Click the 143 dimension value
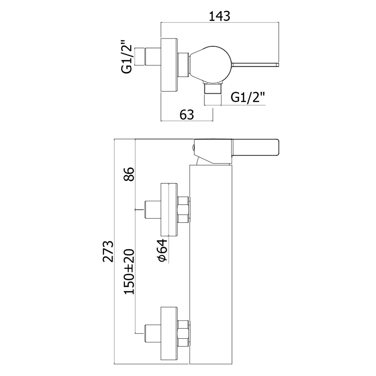pos(219,16)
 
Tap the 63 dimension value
pos(187,115)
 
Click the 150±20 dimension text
pos(130,272)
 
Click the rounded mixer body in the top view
pos(211,64)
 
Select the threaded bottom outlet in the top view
pos(213,88)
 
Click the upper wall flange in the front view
pos(169,210)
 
